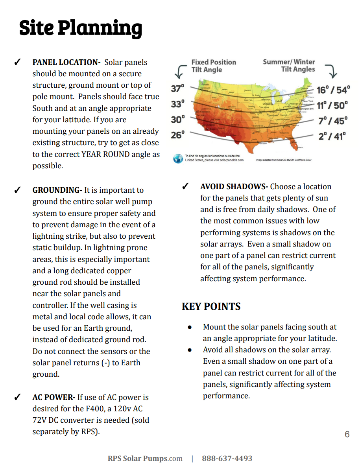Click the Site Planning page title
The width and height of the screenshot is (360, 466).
click(x=80, y=28)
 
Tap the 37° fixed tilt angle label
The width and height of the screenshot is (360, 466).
click(x=177, y=88)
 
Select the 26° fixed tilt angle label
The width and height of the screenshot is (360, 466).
click(x=177, y=135)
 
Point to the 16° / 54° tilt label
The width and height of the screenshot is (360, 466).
click(x=333, y=90)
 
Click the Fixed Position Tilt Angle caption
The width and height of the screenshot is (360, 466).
click(x=213, y=66)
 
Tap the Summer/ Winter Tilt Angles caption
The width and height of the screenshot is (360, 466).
click(x=289, y=65)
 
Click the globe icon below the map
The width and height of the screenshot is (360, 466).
click(x=178, y=158)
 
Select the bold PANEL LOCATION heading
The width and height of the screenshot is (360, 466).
click(x=66, y=62)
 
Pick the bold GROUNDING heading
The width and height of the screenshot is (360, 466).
click(x=57, y=190)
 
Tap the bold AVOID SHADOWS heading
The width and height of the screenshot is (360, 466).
click(x=234, y=186)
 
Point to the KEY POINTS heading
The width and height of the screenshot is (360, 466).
click(x=211, y=306)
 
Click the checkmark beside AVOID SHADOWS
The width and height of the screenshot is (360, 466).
click(x=185, y=186)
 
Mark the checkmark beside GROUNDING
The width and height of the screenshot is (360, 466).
click(x=17, y=190)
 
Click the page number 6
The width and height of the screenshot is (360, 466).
click(x=347, y=434)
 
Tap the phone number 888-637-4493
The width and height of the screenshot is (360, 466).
click(x=227, y=459)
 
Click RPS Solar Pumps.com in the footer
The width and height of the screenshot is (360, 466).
click(x=145, y=459)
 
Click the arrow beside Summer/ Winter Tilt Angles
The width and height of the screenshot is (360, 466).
click(x=332, y=71)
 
